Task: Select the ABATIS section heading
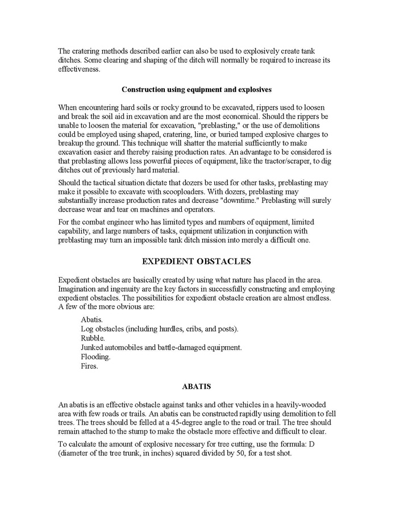[197, 387]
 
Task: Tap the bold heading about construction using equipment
[197, 89]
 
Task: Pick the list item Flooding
[95, 357]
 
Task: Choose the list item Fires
[89, 367]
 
